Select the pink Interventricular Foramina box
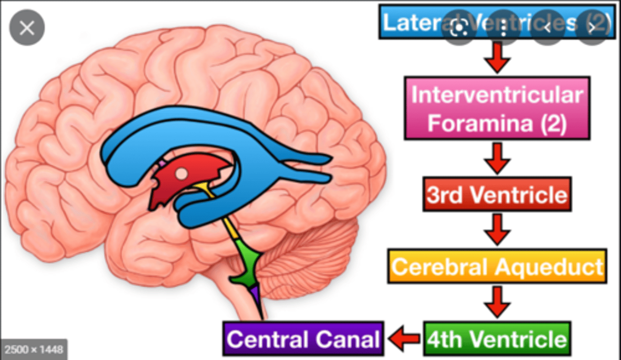coord(497,108)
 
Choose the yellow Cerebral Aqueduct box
coord(497,266)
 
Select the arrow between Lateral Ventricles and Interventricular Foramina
coord(497,58)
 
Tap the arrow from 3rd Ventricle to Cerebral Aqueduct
coord(497,229)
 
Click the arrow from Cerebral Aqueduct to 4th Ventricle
coord(497,302)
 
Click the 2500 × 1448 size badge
coord(34,349)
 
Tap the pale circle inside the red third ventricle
coord(182,173)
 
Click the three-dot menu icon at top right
coord(503,28)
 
